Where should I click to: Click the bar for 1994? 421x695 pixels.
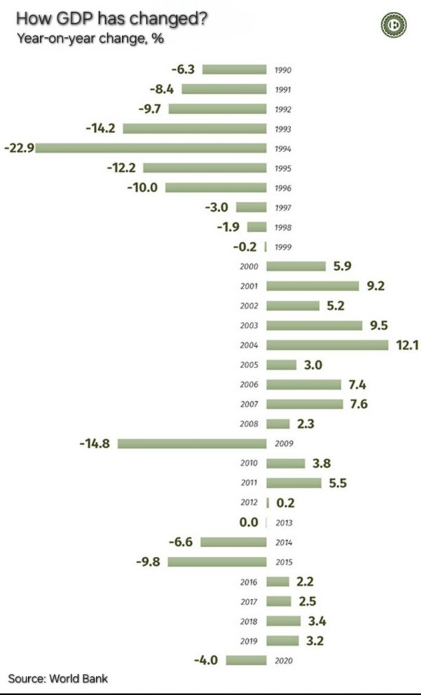pyautogui.click(x=151, y=148)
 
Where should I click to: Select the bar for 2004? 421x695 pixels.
pyautogui.click(x=328, y=344)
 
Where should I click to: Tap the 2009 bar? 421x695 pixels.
pyautogui.click(x=192, y=443)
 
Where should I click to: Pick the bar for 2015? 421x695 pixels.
pyautogui.click(x=217, y=562)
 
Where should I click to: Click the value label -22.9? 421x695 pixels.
pyautogui.click(x=19, y=148)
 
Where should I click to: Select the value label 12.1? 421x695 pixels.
pyautogui.click(x=405, y=345)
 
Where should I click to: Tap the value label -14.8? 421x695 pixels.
pyautogui.click(x=96, y=443)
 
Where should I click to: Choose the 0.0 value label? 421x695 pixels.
pyautogui.click(x=249, y=522)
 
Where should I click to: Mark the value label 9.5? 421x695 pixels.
pyautogui.click(x=379, y=325)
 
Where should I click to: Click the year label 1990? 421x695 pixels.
pyautogui.click(x=283, y=70)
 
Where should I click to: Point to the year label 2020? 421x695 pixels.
pyautogui.click(x=283, y=661)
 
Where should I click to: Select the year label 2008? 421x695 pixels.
pyautogui.click(x=249, y=424)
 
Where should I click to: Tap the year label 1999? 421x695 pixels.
pyautogui.click(x=283, y=248)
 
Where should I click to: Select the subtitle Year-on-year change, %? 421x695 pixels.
pyautogui.click(x=90, y=39)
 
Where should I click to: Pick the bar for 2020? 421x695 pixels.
pyautogui.click(x=246, y=660)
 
